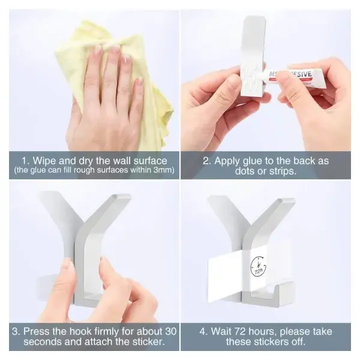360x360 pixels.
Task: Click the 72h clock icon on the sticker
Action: click(258, 266)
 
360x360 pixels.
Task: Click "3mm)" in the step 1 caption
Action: click(164, 170)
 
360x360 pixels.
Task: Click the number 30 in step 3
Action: click(170, 331)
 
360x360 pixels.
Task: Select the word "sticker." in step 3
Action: click(149, 341)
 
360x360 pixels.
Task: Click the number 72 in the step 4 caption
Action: click(240, 332)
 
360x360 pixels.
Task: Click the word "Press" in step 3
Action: click(36, 331)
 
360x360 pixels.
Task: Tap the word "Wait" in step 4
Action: click(221, 332)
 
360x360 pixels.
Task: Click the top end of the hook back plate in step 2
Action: click(254, 18)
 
